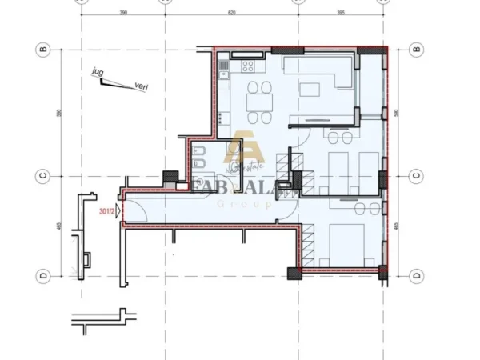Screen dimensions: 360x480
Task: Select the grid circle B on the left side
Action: point(44,50)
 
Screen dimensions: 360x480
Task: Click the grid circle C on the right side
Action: point(415,175)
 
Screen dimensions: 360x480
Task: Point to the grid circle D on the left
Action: point(44,275)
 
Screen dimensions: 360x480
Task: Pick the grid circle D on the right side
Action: point(415,275)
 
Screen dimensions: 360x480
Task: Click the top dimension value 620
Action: point(232,14)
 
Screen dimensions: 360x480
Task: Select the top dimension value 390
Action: point(123,14)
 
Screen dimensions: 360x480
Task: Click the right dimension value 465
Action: point(398,226)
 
